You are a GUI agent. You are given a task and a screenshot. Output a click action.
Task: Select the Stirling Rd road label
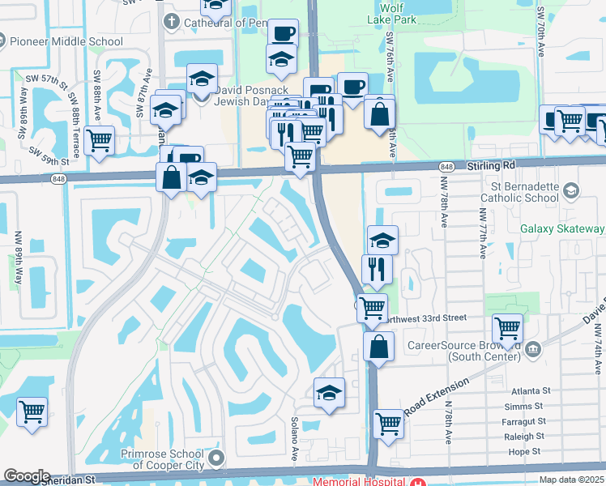(492, 166)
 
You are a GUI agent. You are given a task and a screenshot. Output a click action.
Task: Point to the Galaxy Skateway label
(562, 229)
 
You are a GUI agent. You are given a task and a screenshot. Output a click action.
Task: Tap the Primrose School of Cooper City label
(152, 459)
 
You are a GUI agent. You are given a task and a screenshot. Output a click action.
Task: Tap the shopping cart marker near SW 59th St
(100, 140)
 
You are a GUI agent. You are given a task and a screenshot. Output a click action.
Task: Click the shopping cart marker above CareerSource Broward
(507, 328)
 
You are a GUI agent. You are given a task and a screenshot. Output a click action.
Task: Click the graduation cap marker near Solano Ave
(330, 393)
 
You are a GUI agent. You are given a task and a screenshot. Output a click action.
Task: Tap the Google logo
(26, 476)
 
